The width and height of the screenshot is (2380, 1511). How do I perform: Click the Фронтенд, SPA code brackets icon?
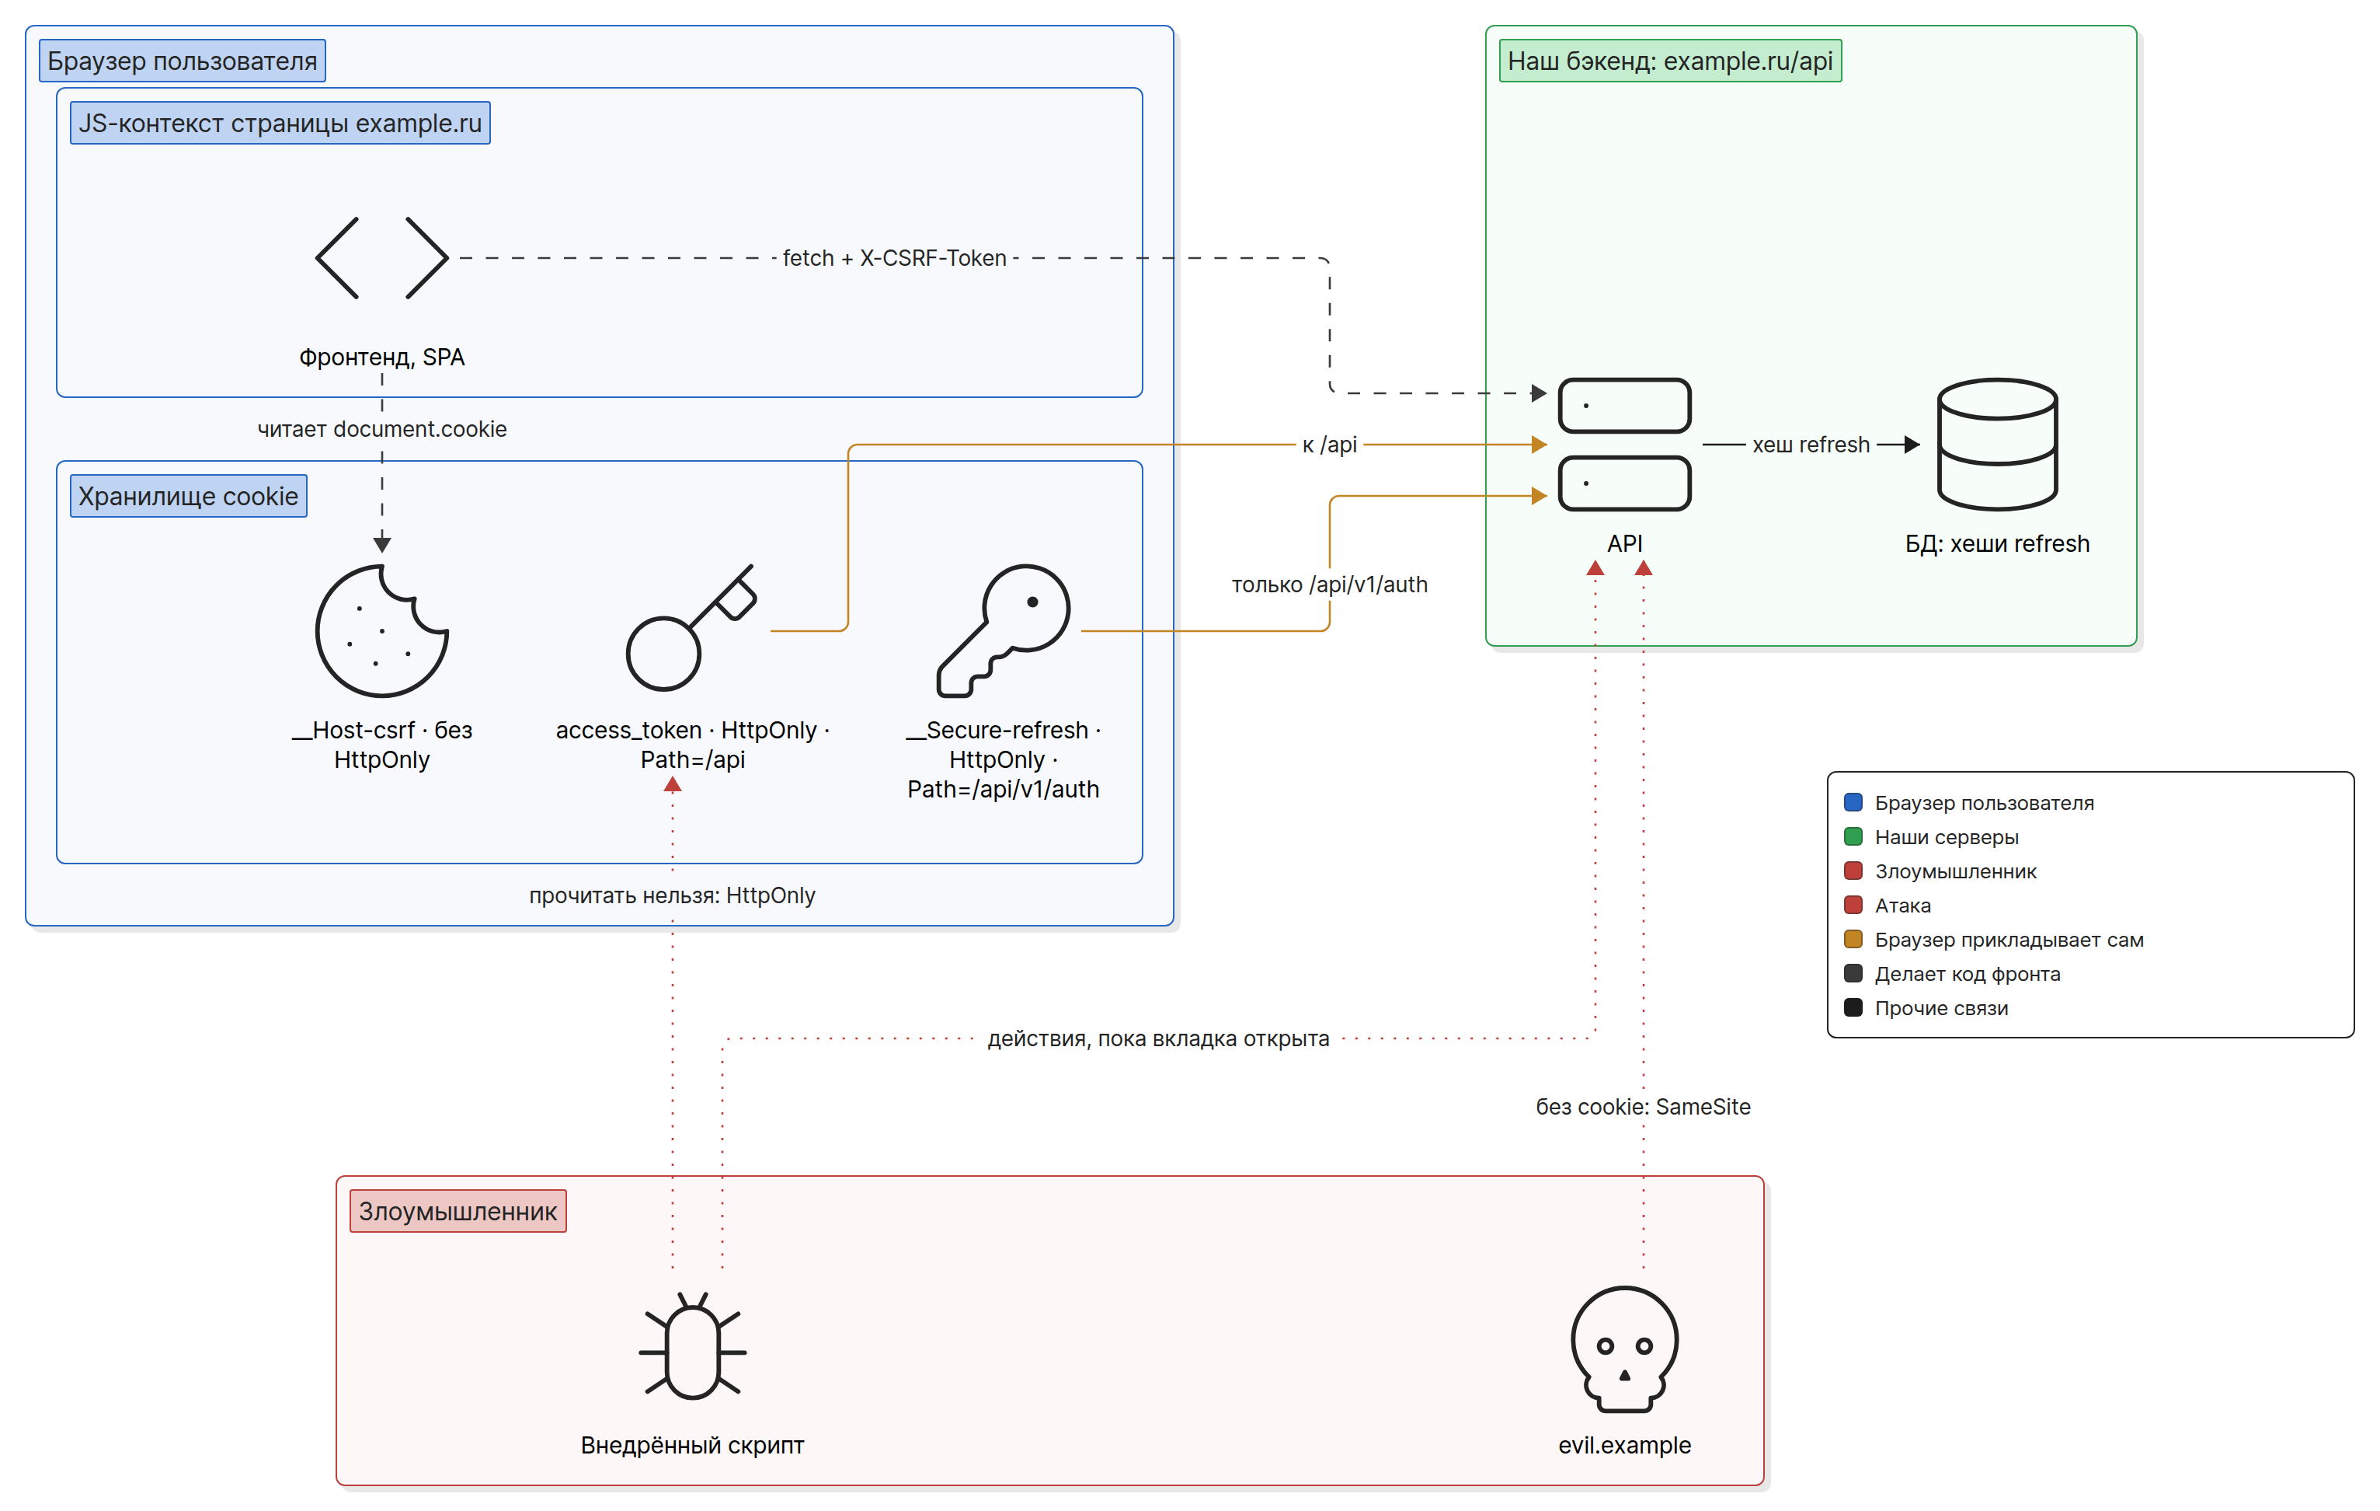pos(381,258)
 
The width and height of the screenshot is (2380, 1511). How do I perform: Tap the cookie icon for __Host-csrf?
pos(381,631)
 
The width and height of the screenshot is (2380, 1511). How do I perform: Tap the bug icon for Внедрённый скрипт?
pos(692,1346)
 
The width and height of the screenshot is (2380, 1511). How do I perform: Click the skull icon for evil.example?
pos(1625,1349)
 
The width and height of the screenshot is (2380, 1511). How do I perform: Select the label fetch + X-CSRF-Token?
pos(895,258)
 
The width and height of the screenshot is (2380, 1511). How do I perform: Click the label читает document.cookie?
pos(381,429)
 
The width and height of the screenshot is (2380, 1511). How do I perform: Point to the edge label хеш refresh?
pos(1811,445)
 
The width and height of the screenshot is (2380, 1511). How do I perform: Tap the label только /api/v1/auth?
pos(1329,585)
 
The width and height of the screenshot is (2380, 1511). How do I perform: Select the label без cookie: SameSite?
pos(1643,1107)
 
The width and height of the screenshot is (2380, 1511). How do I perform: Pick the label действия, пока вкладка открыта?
pos(1158,1038)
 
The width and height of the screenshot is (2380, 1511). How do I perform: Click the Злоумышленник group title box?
pos(458,1212)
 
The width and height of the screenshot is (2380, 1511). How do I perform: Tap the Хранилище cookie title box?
pos(188,497)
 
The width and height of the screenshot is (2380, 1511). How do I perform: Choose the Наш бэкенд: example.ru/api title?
pos(1670,61)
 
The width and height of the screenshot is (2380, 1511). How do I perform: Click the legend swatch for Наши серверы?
pos(1853,836)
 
